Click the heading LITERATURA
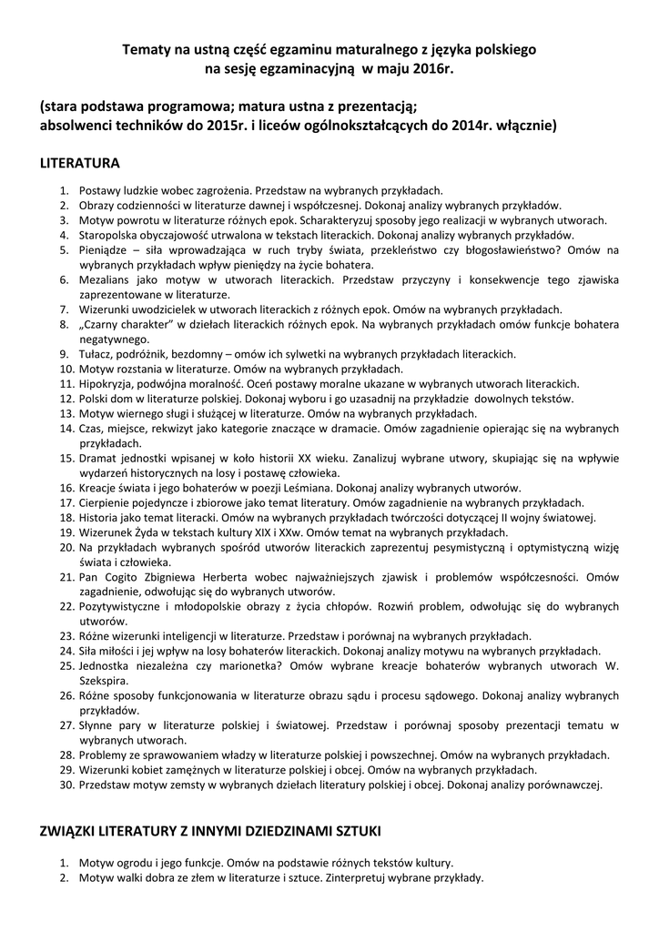point(79,164)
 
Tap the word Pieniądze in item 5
point(105,249)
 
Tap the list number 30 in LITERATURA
point(66,785)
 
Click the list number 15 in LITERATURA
point(66,460)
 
